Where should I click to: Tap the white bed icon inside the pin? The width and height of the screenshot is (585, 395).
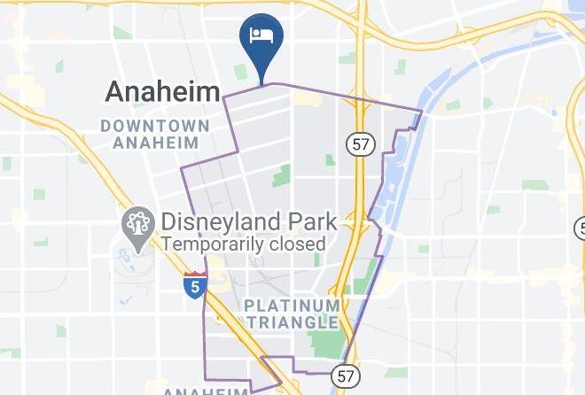click(261, 36)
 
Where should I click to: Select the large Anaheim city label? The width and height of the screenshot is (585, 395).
click(162, 91)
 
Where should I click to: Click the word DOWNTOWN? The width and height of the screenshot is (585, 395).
click(154, 125)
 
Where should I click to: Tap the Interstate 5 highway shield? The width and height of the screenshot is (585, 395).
click(196, 284)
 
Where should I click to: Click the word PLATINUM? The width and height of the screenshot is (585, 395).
click(292, 306)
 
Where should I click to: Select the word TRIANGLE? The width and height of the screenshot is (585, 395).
click(292, 322)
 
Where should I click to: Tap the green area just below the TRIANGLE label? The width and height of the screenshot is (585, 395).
click(327, 344)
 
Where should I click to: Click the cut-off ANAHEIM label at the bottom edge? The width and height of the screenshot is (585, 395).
click(206, 391)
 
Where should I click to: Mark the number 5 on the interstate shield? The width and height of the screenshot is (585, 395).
click(196, 287)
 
